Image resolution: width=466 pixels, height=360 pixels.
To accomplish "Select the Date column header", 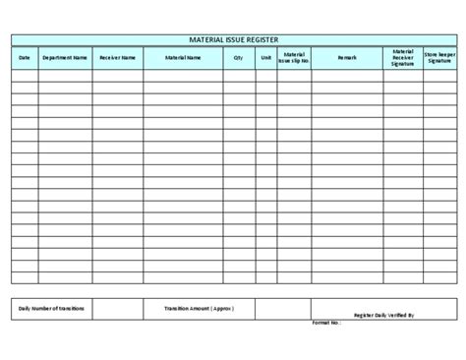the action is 25,58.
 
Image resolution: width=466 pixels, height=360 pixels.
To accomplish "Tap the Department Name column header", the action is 65,58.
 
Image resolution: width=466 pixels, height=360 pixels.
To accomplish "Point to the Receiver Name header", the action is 117,58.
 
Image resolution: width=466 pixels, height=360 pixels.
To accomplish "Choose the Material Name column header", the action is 183,58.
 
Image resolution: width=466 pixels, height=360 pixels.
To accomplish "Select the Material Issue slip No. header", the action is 294,58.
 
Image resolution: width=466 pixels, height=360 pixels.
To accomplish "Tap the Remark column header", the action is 347,58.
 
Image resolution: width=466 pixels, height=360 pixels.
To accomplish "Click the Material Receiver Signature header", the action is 402,58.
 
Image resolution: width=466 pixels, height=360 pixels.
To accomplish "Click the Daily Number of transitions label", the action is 52,309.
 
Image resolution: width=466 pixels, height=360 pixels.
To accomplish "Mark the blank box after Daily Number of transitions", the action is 117,309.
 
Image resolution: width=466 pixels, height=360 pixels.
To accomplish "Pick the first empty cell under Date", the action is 25,74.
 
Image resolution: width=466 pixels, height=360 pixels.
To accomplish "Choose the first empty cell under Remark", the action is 347,74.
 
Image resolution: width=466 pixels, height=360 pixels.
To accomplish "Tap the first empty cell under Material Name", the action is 183,74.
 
